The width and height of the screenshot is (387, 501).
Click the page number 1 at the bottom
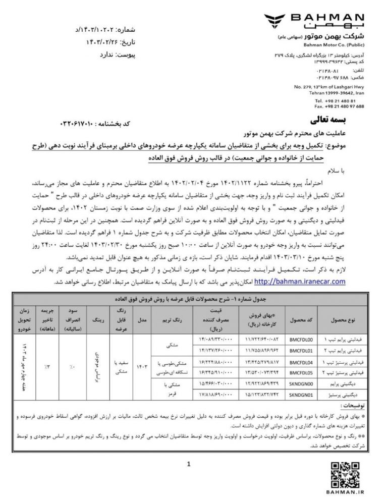188,464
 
